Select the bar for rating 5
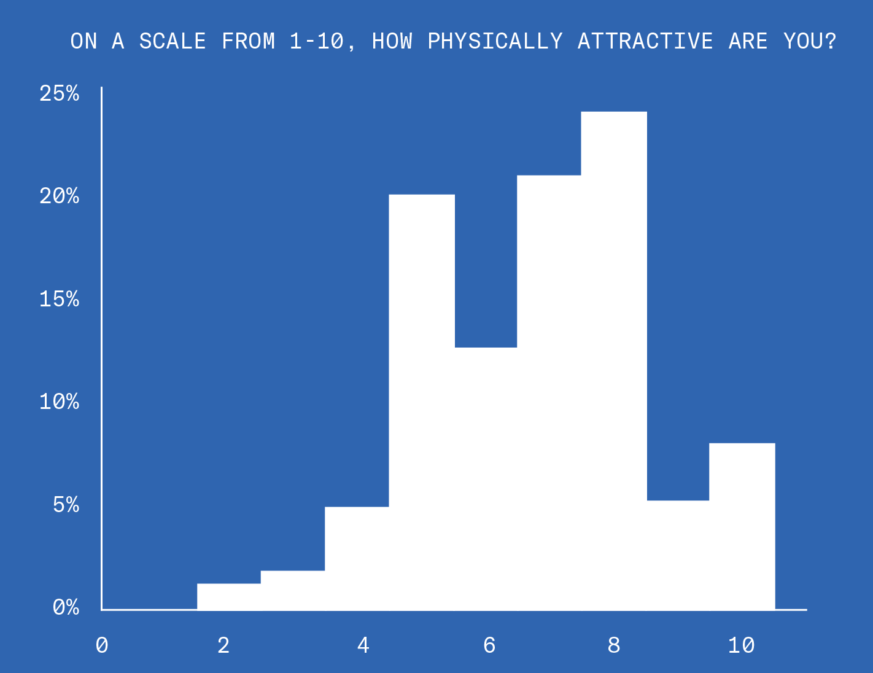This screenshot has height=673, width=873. tap(422, 402)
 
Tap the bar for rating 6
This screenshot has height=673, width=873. tap(486, 479)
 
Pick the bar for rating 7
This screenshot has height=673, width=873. tap(549, 393)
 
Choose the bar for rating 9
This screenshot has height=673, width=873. tap(678, 555)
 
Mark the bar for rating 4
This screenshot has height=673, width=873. tap(357, 558)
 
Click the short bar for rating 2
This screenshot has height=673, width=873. tap(229, 597)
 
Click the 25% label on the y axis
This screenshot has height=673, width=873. tap(60, 93)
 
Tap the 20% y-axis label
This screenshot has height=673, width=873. tap(60, 196)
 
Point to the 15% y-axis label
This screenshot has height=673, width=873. tap(60, 299)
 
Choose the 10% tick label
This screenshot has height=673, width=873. tap(60, 402)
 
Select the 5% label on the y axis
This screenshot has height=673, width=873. tap(66, 505)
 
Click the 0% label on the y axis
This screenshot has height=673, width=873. tap(66, 607)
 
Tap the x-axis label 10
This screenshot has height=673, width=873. tap(741, 645)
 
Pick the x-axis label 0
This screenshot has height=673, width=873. tap(102, 645)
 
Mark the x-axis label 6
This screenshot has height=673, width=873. tap(489, 645)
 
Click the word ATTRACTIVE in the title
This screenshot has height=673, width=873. tap(645, 41)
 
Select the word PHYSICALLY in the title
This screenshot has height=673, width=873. tap(495, 41)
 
